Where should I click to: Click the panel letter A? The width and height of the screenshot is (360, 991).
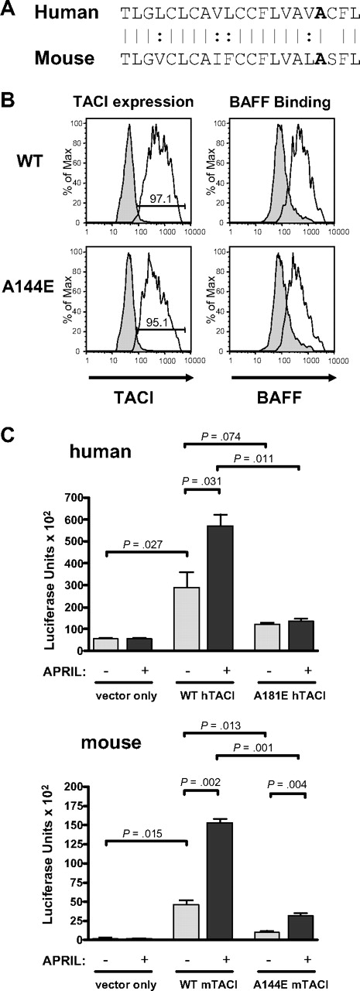click(9, 12)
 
